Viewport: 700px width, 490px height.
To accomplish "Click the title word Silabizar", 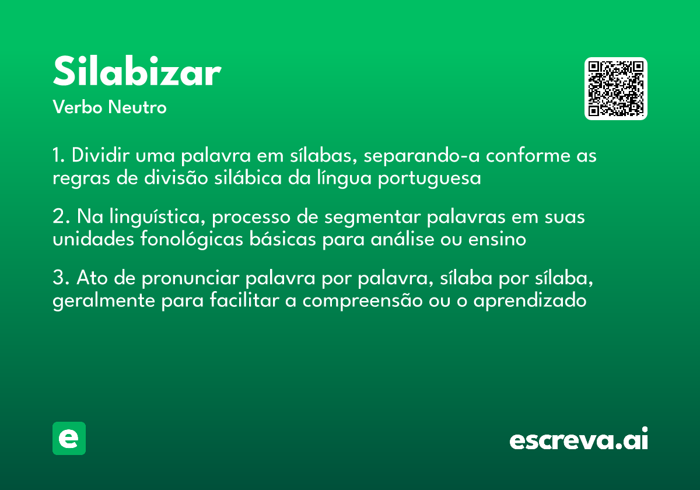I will click(x=136, y=73).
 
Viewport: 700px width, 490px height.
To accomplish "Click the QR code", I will click(x=616, y=89).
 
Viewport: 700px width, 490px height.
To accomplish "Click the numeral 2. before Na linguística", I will click(x=60, y=217).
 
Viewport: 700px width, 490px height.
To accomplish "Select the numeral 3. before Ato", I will click(x=61, y=279).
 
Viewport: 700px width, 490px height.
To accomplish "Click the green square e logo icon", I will click(x=69, y=438).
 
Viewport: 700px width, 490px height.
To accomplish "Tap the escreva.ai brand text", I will click(x=579, y=440).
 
